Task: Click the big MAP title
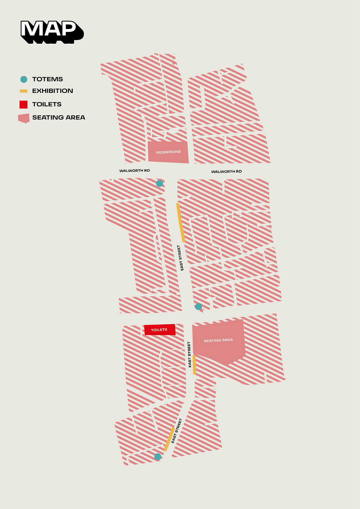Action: (x=51, y=31)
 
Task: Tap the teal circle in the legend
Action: (x=24, y=79)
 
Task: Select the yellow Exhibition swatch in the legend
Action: (x=24, y=91)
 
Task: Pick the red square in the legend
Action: (x=24, y=105)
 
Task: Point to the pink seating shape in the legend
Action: (x=24, y=118)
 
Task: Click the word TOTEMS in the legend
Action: (x=47, y=79)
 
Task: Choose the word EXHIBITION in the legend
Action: (x=53, y=91)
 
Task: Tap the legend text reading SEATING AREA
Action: (x=58, y=118)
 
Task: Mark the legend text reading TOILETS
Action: (x=47, y=104)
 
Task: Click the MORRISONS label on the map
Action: (x=168, y=152)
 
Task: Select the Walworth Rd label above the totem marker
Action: (x=134, y=171)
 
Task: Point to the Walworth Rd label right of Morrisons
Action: (x=226, y=172)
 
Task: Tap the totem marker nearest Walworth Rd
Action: (x=159, y=183)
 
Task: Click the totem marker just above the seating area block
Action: (x=198, y=307)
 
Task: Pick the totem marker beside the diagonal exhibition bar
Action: (x=158, y=456)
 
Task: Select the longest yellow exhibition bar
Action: (x=180, y=223)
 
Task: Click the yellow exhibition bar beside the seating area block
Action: (x=194, y=365)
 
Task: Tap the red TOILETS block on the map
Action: (x=159, y=330)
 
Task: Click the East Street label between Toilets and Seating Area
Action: (x=190, y=354)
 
